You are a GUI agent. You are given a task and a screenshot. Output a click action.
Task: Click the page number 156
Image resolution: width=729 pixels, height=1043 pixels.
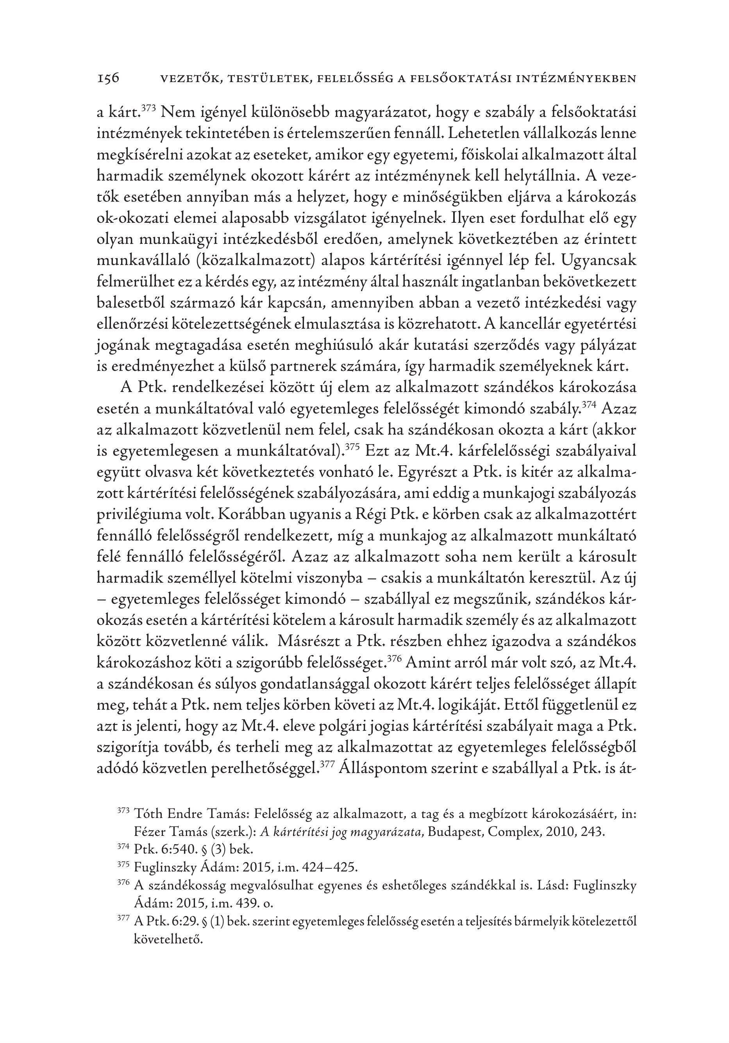[x=108, y=79]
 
